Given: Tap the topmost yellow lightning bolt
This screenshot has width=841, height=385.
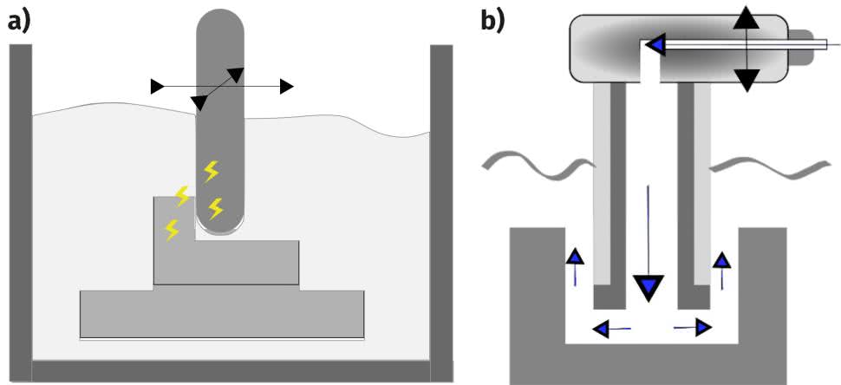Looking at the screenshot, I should [x=211, y=171].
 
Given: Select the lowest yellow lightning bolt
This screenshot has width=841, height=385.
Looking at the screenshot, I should [x=173, y=230].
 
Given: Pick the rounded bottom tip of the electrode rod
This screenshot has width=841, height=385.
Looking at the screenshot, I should [x=220, y=228].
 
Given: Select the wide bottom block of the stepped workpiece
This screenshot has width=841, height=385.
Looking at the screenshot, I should [x=221, y=314].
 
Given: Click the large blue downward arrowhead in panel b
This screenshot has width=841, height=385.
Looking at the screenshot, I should [x=648, y=286].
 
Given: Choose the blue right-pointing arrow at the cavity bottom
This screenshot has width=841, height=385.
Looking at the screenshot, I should [x=701, y=327].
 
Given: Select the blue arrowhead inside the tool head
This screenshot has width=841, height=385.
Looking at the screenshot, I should [x=654, y=44].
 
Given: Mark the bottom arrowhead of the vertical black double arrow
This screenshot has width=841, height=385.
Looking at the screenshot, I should [x=745, y=81].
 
